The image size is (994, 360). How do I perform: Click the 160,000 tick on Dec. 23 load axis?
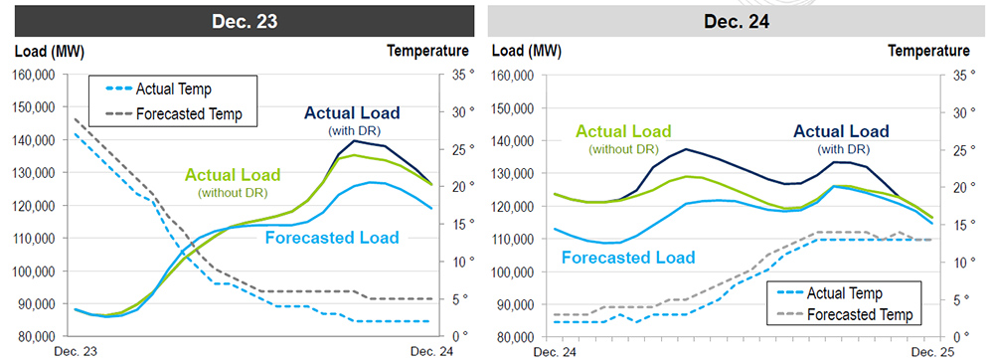pyautogui.click(x=37, y=76)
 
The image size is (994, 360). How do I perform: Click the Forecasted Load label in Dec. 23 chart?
pyautogui.click(x=339, y=238)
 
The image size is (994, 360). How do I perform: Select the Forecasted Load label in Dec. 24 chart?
pyautogui.click(x=627, y=258)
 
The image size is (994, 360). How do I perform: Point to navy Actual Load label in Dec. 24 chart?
pyautogui.click(x=840, y=131)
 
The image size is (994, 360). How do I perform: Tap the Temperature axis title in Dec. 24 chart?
pyautogui.click(x=928, y=51)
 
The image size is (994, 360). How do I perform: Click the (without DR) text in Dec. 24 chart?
pyautogui.click(x=623, y=149)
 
